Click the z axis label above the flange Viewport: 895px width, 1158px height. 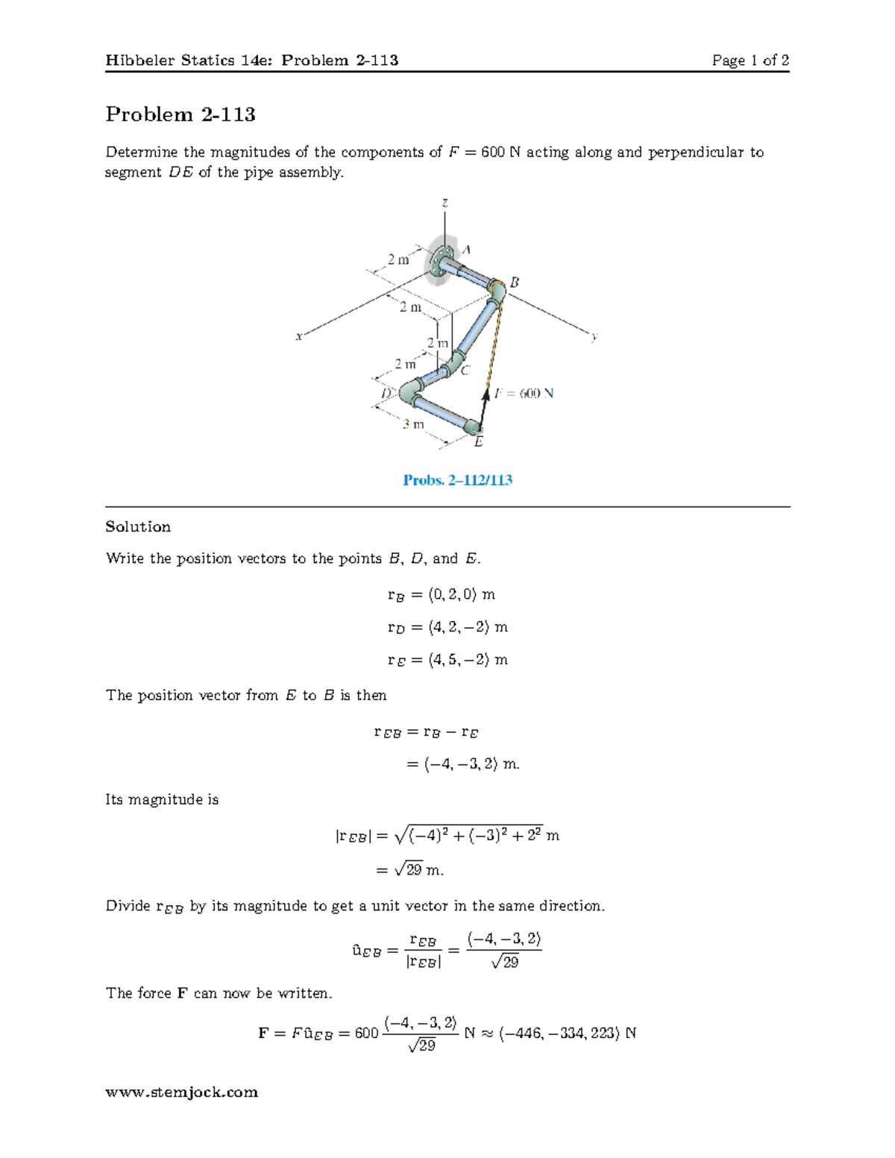(445, 203)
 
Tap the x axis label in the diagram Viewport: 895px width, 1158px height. (298, 336)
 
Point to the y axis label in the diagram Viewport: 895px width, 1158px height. (594, 337)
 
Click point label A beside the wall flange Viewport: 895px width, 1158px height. (466, 251)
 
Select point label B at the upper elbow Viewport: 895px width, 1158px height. (514, 283)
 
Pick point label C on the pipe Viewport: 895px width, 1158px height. (465, 371)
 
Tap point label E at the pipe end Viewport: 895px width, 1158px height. (479, 442)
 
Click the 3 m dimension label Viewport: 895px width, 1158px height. (413, 424)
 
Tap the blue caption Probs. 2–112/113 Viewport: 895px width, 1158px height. (457, 480)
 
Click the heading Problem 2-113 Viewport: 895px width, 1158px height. (180, 114)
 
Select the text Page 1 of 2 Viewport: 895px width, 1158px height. (750, 60)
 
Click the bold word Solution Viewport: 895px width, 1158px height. (138, 527)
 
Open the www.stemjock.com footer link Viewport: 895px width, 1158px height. (181, 1092)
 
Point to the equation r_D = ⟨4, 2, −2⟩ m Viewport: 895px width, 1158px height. (447, 627)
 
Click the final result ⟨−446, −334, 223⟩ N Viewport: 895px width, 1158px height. (568, 1033)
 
